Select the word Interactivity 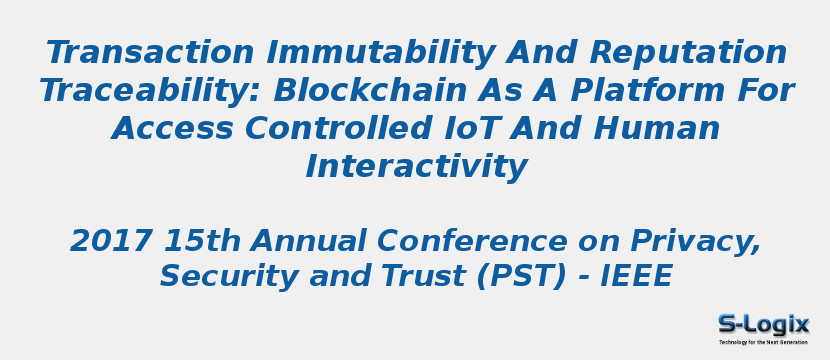click(x=415, y=167)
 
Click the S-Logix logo click(x=763, y=324)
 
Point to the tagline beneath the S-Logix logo click(x=763, y=342)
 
